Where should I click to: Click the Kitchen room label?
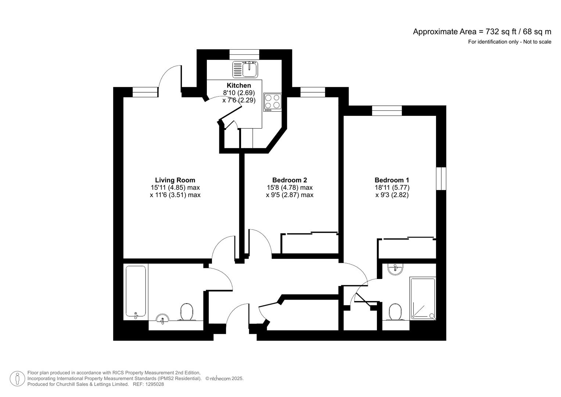coord(239,85)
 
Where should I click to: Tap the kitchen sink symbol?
coord(245,69)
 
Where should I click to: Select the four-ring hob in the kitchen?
coord(272,102)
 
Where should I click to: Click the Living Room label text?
coord(175,180)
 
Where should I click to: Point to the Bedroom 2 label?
coord(290,180)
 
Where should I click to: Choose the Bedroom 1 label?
coord(392,180)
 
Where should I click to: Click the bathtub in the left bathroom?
coord(136,291)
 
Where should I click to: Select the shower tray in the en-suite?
coord(423,298)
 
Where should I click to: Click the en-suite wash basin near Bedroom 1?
coord(395,269)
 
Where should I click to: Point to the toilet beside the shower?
coord(395,312)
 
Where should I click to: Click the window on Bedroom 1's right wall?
coord(441,179)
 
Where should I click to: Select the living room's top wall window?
coord(144,92)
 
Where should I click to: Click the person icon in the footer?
coord(17,379)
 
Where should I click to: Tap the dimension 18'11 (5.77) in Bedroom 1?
coord(392,187)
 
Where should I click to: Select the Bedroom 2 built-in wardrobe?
coord(309,243)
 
